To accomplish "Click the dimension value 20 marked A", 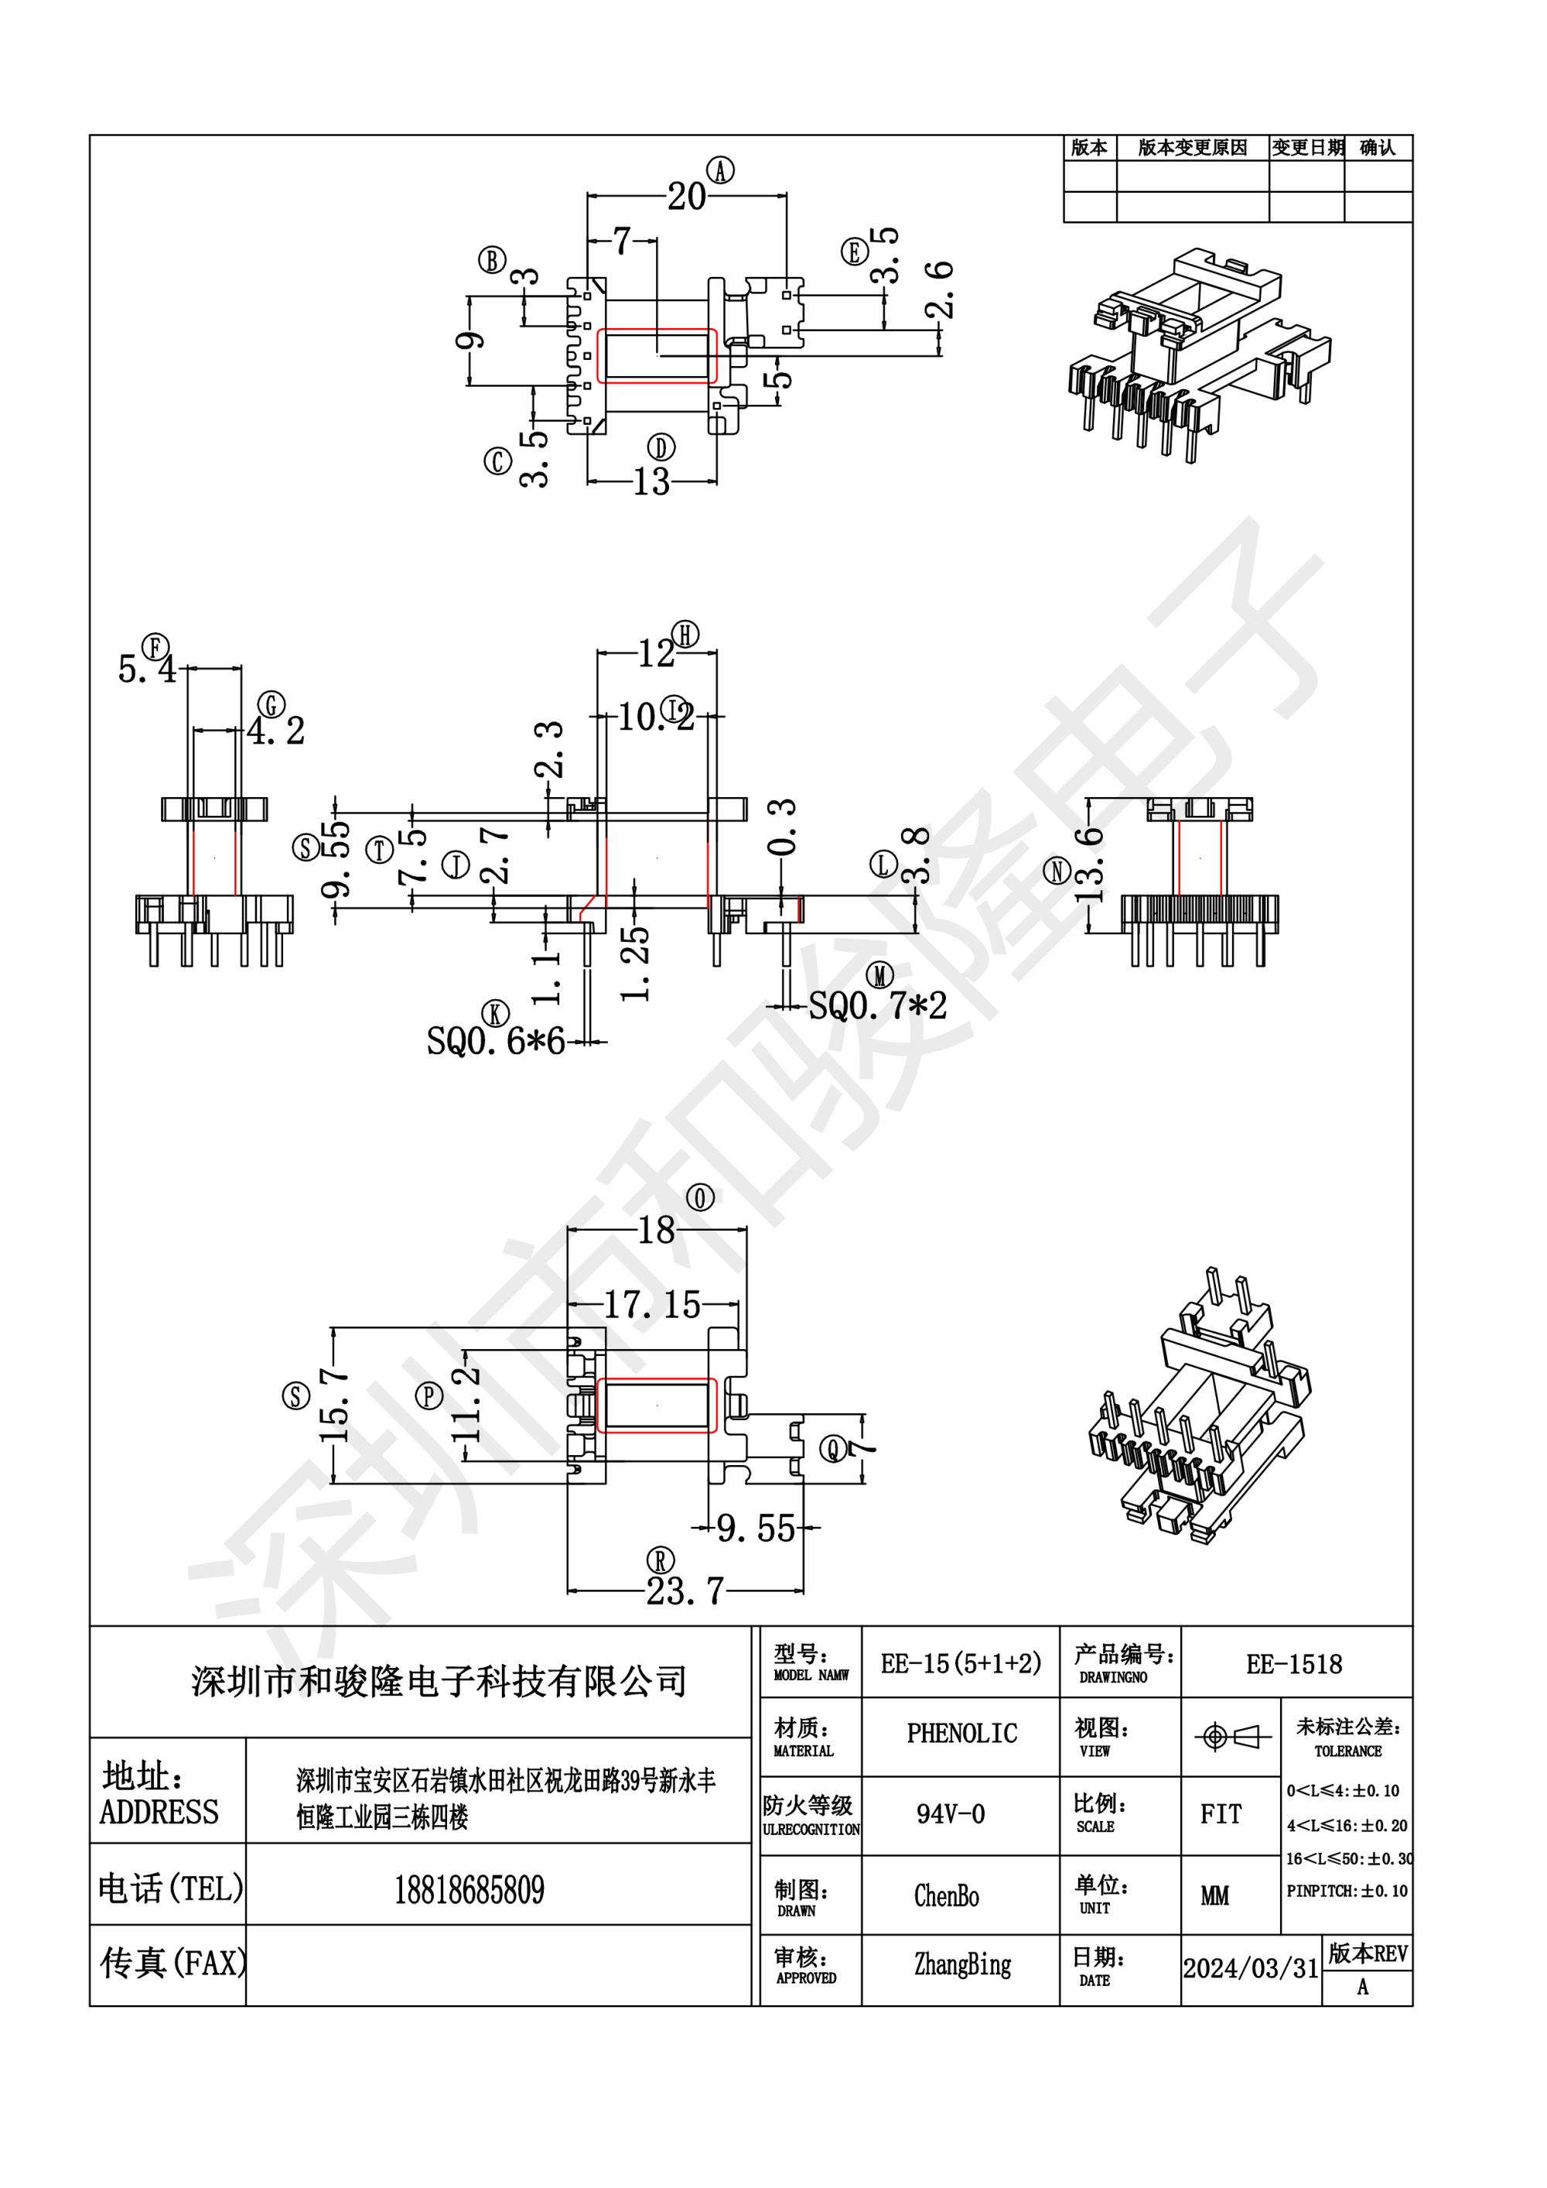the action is pyautogui.click(x=686, y=197).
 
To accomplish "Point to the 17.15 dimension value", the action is pyautogui.click(x=653, y=1305).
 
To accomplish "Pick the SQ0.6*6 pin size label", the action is pyautogui.click(x=495, y=1042).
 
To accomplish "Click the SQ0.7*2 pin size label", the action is pyautogui.click(x=877, y=1006).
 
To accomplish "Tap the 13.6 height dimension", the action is pyautogui.click(x=1089, y=865).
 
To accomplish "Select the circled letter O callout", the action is pyautogui.click(x=700, y=1198).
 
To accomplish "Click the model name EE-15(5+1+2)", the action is pyautogui.click(x=961, y=1665).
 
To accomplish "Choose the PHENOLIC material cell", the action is pyautogui.click(x=961, y=1734).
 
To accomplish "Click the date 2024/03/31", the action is pyautogui.click(x=1251, y=1968).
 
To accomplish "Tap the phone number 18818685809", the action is pyautogui.click(x=469, y=1890).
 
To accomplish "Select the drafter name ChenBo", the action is pyautogui.click(x=946, y=1895).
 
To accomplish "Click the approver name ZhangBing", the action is pyautogui.click(x=962, y=1965).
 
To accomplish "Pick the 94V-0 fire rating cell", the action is pyautogui.click(x=950, y=1813).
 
